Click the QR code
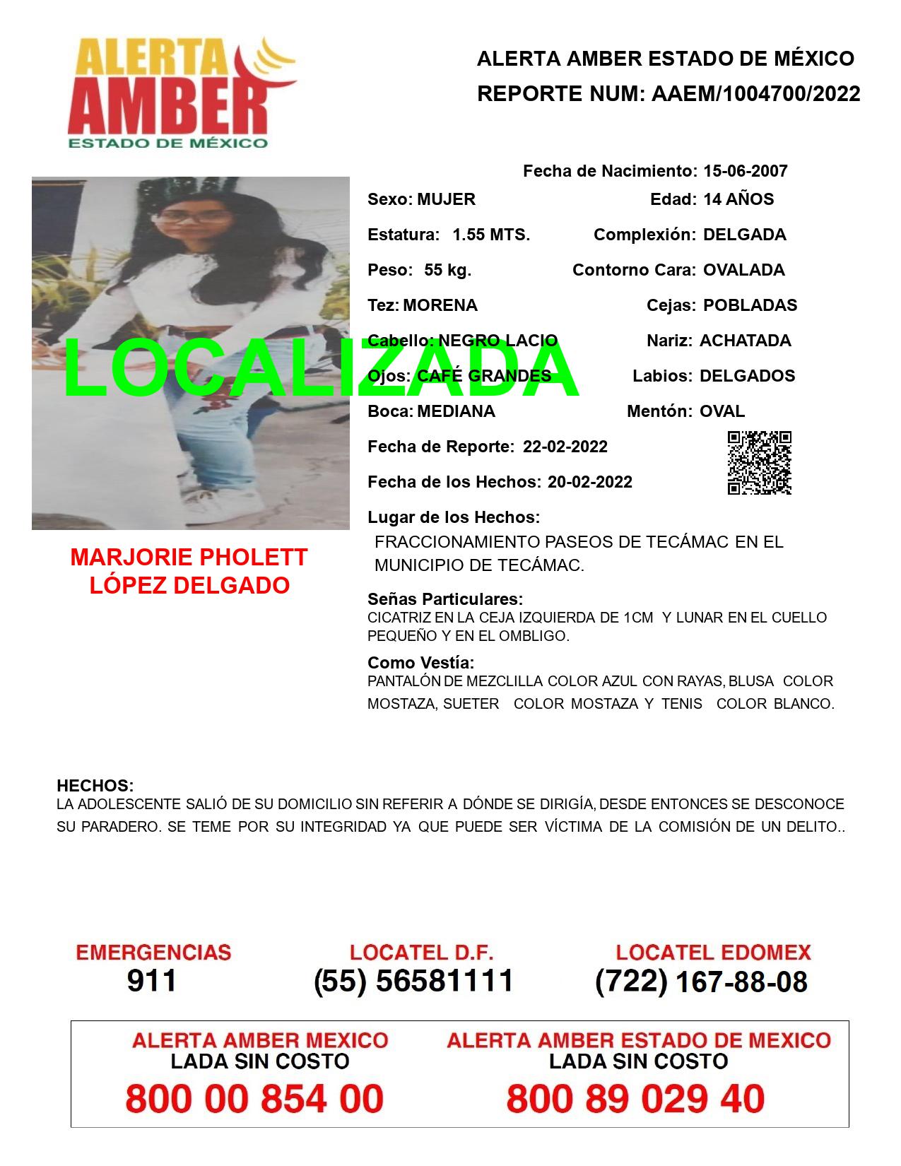(x=759, y=463)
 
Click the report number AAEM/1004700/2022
(x=755, y=94)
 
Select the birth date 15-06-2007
(x=745, y=171)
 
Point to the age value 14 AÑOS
(x=738, y=199)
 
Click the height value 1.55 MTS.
(x=491, y=235)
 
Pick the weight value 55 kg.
(x=447, y=270)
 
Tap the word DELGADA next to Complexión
(x=744, y=235)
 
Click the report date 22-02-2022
(x=565, y=447)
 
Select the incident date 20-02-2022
(x=589, y=482)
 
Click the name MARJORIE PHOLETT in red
(x=189, y=558)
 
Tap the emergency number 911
(x=152, y=981)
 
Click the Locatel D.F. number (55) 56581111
(x=413, y=981)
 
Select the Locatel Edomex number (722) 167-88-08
(x=701, y=981)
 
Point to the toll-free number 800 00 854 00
(x=254, y=1099)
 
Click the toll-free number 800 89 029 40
(x=635, y=1099)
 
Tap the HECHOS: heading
(x=95, y=786)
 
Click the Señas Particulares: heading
(x=445, y=599)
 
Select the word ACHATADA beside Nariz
(x=745, y=341)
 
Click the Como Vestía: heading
(x=420, y=663)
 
